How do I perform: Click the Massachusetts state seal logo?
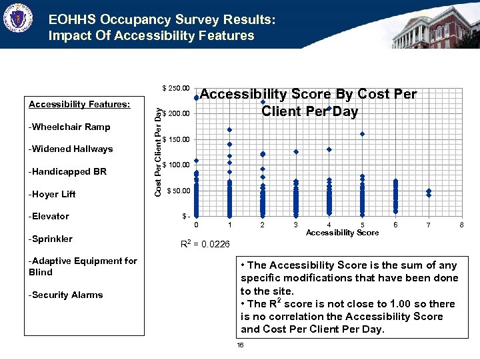(x=17, y=18)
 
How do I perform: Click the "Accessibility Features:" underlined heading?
(x=79, y=104)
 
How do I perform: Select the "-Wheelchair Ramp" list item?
(x=69, y=127)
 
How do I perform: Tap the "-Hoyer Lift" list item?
(x=52, y=194)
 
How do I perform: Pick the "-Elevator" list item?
(x=49, y=216)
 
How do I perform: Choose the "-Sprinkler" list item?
(x=51, y=239)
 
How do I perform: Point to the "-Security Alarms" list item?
(x=66, y=295)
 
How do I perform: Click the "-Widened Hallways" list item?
(x=71, y=149)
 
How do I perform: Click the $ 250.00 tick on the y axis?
(x=177, y=88)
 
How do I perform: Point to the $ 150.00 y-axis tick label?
(x=177, y=139)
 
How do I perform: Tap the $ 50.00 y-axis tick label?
(x=178, y=191)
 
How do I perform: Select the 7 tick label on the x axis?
(x=429, y=225)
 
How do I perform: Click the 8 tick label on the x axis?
(x=461, y=225)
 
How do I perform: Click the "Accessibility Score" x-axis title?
(x=342, y=233)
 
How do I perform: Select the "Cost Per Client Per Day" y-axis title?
(x=157, y=152)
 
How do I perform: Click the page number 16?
(x=240, y=345)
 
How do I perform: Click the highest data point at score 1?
(x=229, y=129)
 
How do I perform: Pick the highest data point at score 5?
(x=362, y=134)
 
